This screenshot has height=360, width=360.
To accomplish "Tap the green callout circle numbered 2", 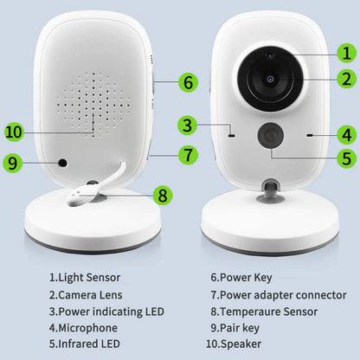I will click(345, 79).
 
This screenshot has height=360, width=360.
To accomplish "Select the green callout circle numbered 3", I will click(187, 125).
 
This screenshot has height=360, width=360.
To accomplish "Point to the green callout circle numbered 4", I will click(345, 134).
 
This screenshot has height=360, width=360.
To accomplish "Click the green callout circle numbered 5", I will click(345, 158).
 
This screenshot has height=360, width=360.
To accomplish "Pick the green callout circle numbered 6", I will click(188, 83).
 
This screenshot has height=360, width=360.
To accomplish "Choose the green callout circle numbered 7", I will click(188, 157).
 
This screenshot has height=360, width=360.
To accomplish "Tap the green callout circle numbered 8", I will click(162, 194).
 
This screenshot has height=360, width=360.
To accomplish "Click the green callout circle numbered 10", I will click(13, 132).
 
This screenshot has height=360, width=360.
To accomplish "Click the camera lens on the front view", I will click(269, 79).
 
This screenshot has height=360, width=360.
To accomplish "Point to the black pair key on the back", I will click(62, 162).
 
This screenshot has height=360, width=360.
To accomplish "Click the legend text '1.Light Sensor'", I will click(85, 278).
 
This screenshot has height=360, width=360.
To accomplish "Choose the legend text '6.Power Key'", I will click(241, 278).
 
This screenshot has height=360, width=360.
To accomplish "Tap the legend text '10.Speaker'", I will click(240, 344).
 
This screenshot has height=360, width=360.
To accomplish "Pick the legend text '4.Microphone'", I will click(83, 327).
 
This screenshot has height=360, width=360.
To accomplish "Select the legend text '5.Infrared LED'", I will click(85, 344).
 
